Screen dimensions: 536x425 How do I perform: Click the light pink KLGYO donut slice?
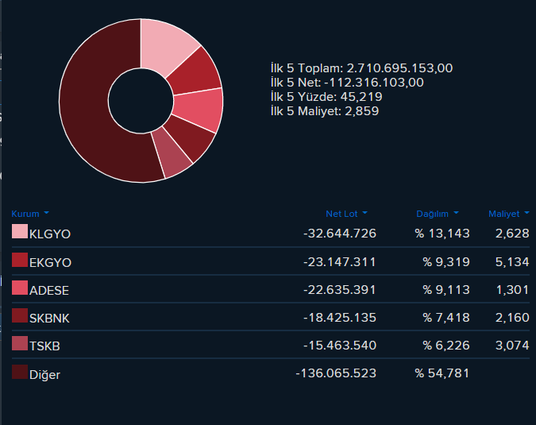pyautogui.click(x=164, y=46)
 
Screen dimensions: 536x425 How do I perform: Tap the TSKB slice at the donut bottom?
pyautogui.click(x=171, y=154)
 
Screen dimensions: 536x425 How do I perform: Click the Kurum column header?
pyautogui.click(x=25, y=214)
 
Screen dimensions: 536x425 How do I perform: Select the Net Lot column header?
pyautogui.click(x=341, y=214)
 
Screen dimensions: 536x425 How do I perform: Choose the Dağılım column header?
pyautogui.click(x=432, y=214)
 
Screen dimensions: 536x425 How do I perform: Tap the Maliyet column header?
pyautogui.click(x=504, y=214)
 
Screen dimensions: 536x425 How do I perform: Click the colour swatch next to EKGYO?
pyautogui.click(x=20, y=260)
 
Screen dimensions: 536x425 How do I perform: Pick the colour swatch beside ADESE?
pyautogui.click(x=20, y=288)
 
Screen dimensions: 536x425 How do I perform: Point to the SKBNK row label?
pyautogui.click(x=49, y=319)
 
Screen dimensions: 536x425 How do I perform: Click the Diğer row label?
pyautogui.click(x=44, y=375)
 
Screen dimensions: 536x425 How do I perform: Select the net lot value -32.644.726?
pyautogui.click(x=340, y=234)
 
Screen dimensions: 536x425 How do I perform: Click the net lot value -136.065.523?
pyautogui.click(x=336, y=373)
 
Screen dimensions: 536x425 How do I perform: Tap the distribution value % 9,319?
pyautogui.click(x=446, y=262)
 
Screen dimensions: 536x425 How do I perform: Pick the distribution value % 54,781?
pyautogui.click(x=442, y=373)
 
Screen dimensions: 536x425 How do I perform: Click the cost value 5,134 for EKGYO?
pyautogui.click(x=512, y=262)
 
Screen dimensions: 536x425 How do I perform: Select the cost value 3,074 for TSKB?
pyautogui.click(x=512, y=346)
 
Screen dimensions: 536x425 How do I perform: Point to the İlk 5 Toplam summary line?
pyautogui.click(x=361, y=68)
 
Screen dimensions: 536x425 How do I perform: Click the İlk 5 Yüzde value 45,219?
pyautogui.click(x=361, y=97)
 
